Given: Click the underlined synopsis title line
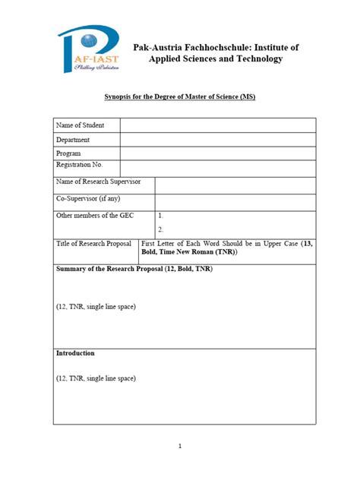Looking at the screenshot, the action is click(x=179, y=98).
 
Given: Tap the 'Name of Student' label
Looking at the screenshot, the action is click(x=80, y=125).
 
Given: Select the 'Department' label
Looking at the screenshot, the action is click(x=73, y=140).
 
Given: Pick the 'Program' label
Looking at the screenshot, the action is click(x=68, y=153).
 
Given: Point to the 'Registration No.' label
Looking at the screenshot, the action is click(x=79, y=165).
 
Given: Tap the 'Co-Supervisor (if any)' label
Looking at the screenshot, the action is click(x=89, y=199).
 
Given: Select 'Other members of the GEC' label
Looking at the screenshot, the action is click(x=95, y=216).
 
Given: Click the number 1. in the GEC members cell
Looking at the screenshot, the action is click(x=161, y=216).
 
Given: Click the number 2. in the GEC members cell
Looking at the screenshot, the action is click(x=161, y=229).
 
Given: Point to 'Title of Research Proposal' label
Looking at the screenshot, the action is click(x=95, y=244).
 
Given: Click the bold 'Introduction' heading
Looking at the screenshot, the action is click(x=75, y=353).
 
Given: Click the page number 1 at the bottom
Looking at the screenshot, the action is click(x=179, y=447).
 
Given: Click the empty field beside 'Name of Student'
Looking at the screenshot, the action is click(x=217, y=125).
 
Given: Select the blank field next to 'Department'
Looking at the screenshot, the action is click(x=217, y=140).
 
